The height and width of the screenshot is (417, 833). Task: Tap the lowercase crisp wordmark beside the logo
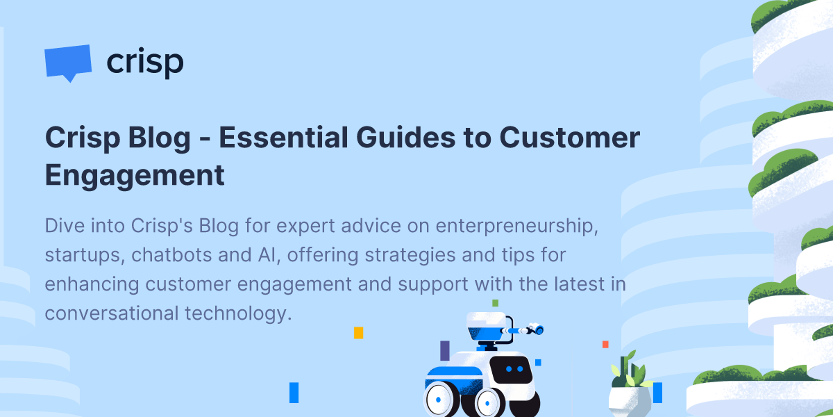click(x=145, y=62)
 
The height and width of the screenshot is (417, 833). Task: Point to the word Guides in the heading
click(x=405, y=138)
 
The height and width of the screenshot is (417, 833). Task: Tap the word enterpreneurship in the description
click(x=517, y=227)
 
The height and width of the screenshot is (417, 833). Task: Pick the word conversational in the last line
click(x=112, y=313)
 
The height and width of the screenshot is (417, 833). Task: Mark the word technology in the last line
click(x=238, y=314)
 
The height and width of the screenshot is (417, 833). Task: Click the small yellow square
click(x=358, y=333)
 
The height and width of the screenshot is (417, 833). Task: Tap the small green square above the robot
click(x=496, y=303)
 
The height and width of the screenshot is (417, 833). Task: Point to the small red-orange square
click(x=605, y=345)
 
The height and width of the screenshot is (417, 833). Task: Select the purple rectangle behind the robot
click(x=445, y=350)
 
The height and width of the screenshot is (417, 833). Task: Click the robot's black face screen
click(x=512, y=370)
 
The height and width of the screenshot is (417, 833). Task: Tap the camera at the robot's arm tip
click(x=536, y=329)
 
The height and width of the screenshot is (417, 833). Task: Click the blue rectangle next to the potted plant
click(x=657, y=393)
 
